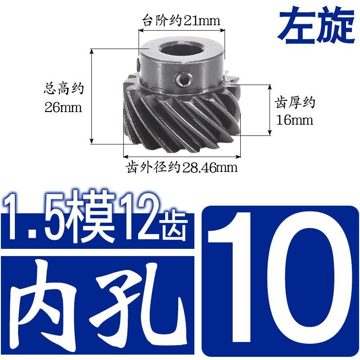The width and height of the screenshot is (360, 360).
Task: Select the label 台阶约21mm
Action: (x=181, y=21)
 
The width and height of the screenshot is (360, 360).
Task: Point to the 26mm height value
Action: (x=63, y=108)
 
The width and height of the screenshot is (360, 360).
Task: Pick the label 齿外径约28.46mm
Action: (x=181, y=168)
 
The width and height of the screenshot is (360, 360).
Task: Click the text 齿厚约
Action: (x=295, y=103)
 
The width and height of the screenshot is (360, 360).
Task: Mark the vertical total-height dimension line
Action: (x=92, y=96)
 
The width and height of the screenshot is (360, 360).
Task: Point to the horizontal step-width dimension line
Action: (x=181, y=30)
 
